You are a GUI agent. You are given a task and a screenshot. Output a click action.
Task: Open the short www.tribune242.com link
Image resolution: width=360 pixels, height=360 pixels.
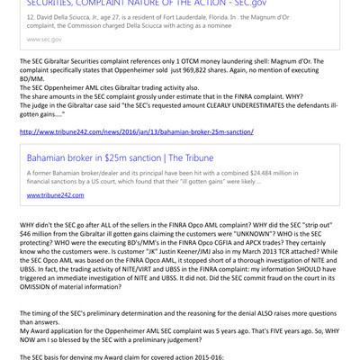point(55,194)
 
